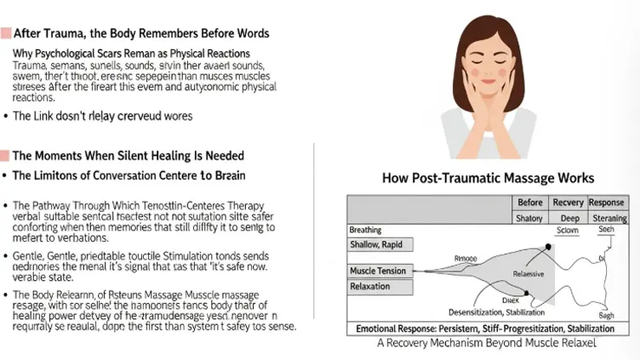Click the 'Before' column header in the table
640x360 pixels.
531,203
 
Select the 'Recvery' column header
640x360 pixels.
569,203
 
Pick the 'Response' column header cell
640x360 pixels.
608,203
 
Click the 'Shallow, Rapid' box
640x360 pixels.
380,245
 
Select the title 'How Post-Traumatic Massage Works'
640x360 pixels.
489,178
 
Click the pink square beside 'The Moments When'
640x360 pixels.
5,156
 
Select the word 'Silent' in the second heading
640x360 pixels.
124,156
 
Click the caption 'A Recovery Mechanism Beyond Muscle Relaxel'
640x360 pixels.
487,343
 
